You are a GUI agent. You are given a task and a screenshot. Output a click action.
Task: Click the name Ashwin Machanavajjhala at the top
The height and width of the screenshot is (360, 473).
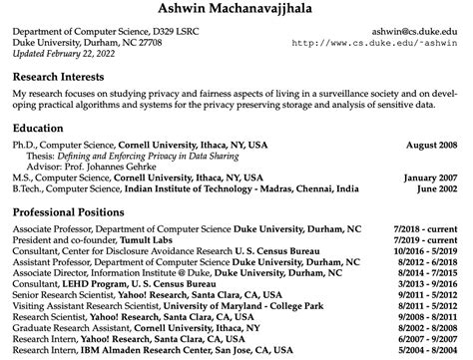(x=236, y=10)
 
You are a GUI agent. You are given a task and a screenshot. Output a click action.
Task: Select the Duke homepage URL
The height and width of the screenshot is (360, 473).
(x=380, y=43)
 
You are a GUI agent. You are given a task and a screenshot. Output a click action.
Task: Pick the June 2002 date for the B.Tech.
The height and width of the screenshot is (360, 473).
(x=440, y=188)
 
